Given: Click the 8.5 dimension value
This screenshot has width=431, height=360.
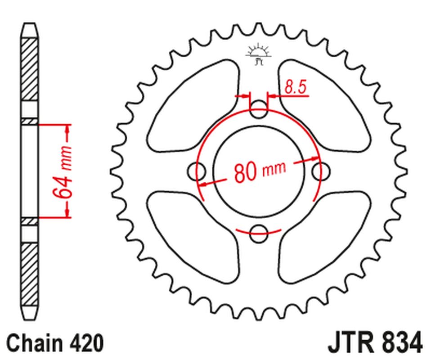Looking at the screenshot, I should coord(295,87).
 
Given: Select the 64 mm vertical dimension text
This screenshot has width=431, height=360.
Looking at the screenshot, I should coord(63,171).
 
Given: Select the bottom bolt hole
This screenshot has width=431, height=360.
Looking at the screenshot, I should coord(259,231).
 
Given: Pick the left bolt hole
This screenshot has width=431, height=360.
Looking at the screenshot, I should coord(197,171).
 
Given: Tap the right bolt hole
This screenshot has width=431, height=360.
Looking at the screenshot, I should coord(320,171).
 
